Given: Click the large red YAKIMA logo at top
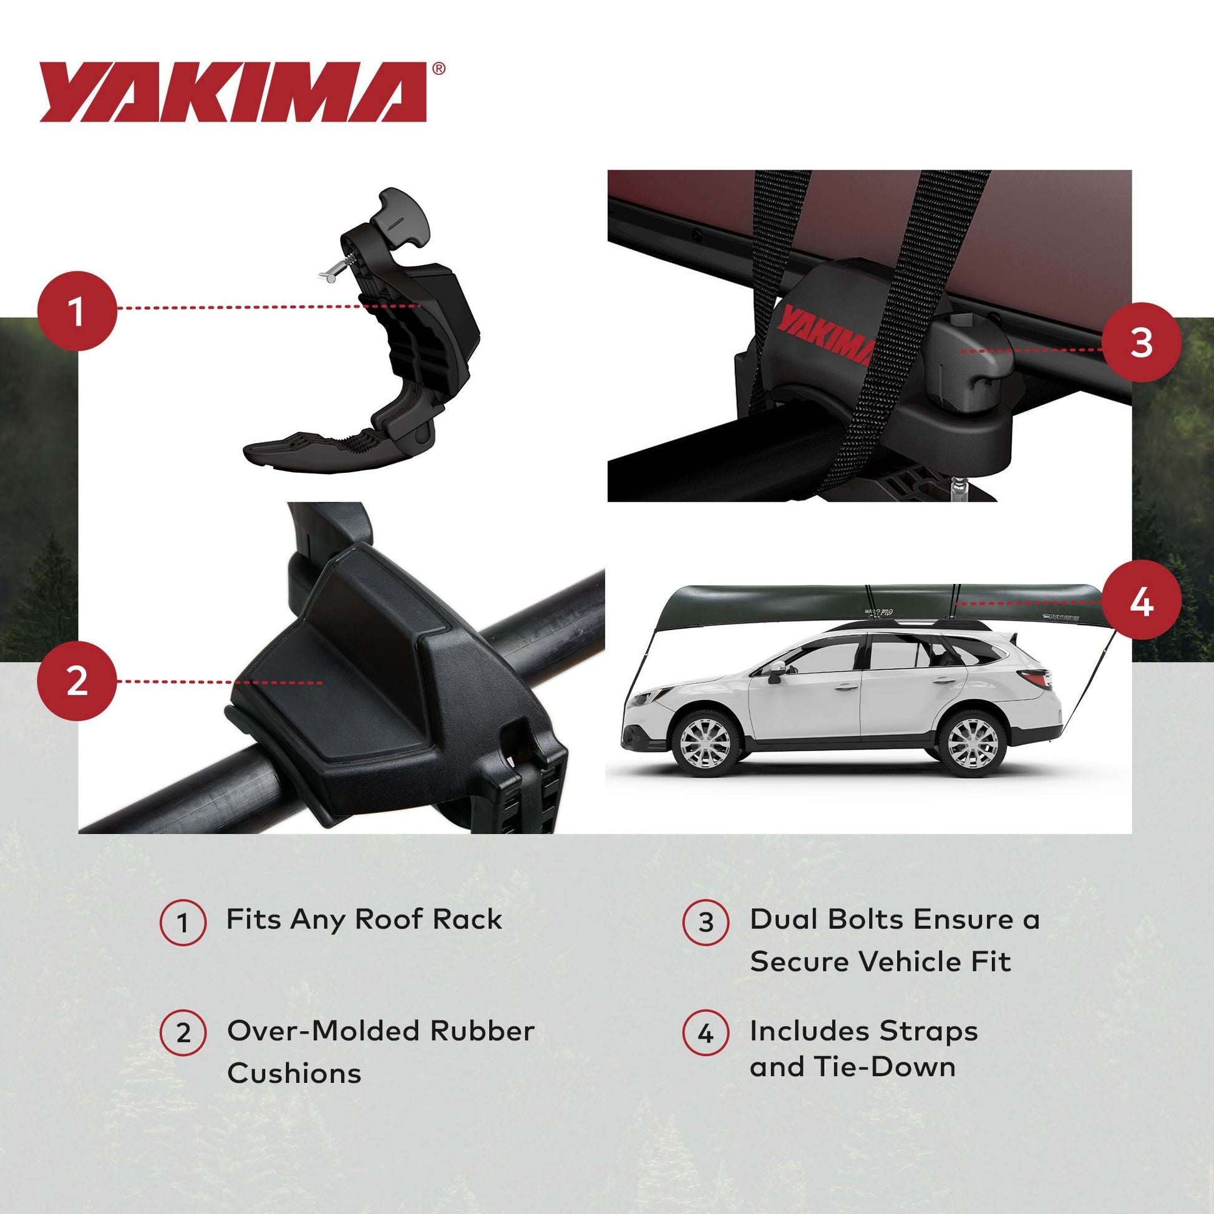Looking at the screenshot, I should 233,92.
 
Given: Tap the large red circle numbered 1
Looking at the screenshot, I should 77,311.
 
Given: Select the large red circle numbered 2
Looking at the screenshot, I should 77,681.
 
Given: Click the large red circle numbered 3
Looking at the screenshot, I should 1141,342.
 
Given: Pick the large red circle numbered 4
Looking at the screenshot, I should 1141,603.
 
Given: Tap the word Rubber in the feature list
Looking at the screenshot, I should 482,1031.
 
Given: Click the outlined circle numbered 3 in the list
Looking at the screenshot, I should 706,922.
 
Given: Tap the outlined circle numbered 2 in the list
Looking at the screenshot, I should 183,1033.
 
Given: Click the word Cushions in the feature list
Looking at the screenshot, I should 294,1073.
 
